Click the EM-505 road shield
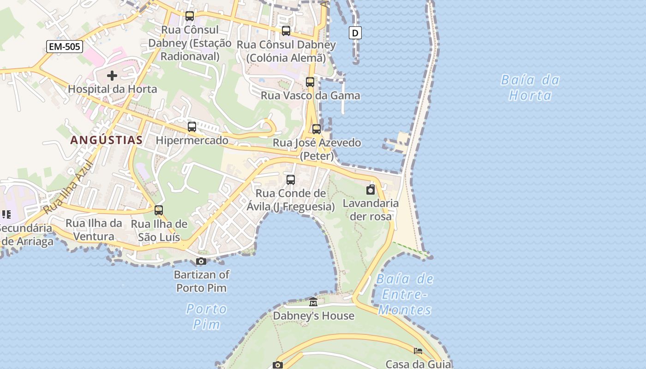(x=64, y=46)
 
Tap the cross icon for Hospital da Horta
(x=112, y=75)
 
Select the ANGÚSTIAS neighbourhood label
(x=106, y=140)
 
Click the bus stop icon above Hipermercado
(x=192, y=126)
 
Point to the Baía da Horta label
(x=530, y=88)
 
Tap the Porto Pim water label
(x=206, y=316)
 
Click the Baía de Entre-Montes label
(x=405, y=294)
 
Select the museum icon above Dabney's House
(x=313, y=302)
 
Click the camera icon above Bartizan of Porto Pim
(x=201, y=262)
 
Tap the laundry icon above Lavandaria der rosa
(x=371, y=190)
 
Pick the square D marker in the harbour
(x=355, y=33)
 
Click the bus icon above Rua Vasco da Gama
(x=310, y=82)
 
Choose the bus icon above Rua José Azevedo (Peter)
(x=317, y=129)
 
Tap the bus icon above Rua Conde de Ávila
(x=291, y=180)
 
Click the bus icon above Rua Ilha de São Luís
(x=159, y=210)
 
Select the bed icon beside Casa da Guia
(x=418, y=351)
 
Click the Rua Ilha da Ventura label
(x=94, y=230)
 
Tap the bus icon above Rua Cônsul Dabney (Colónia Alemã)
(x=286, y=31)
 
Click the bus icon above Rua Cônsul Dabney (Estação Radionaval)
(x=190, y=16)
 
